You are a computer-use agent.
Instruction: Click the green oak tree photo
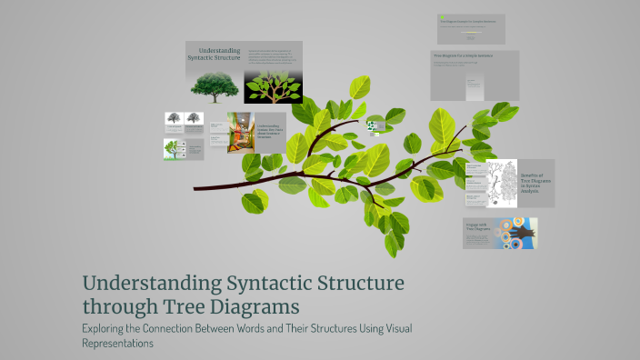click(x=215, y=85)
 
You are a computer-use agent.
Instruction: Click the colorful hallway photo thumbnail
click(x=240, y=133)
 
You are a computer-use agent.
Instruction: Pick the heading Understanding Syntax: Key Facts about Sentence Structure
click(x=269, y=132)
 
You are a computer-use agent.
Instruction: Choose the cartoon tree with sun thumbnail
click(x=172, y=149)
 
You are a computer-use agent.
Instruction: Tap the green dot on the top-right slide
click(x=441, y=18)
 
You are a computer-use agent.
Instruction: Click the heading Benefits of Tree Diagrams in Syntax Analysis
click(x=533, y=183)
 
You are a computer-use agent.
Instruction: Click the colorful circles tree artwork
click(x=515, y=233)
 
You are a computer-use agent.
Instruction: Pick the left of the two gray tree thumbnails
click(x=173, y=118)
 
